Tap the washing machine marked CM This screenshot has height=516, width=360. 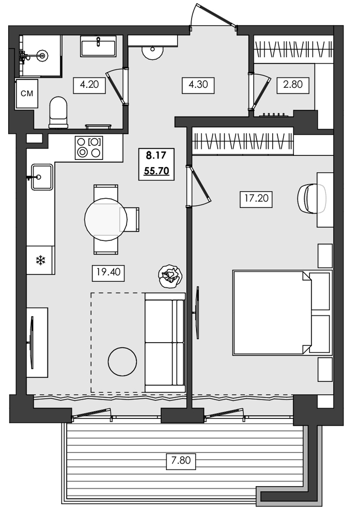tap(27, 93)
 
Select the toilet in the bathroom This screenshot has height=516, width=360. tap(58, 111)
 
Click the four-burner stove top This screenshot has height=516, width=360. tap(88, 147)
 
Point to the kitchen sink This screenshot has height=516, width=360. tap(41, 177)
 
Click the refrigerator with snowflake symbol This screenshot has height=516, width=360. tap(40, 260)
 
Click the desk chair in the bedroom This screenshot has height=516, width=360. tap(311, 198)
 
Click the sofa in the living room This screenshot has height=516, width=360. tap(165, 342)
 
